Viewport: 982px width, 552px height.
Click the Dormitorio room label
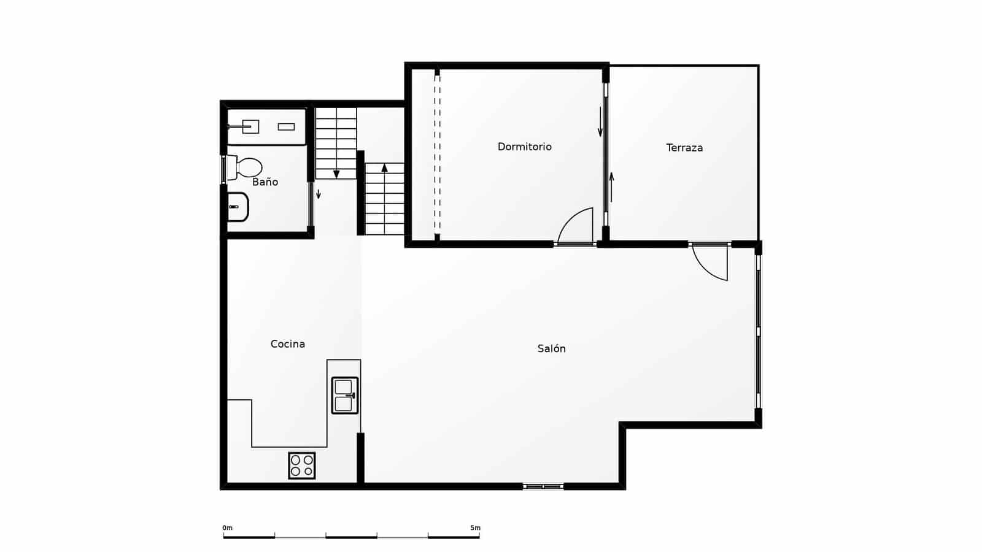click(x=524, y=147)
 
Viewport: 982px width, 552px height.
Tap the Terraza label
click(x=684, y=148)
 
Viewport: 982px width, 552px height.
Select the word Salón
click(x=551, y=348)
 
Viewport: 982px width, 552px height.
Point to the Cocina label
click(x=287, y=344)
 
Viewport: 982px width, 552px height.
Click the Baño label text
click(x=265, y=182)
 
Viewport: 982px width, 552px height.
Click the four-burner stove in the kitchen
click(x=302, y=466)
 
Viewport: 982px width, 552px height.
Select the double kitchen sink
click(x=344, y=396)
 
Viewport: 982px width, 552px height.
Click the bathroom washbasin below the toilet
click(x=238, y=207)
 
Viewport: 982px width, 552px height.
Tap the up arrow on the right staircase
click(x=385, y=167)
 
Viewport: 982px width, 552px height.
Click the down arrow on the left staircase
click(x=336, y=174)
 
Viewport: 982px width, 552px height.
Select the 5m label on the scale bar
click(x=475, y=528)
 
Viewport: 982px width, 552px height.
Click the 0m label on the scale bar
click(x=228, y=528)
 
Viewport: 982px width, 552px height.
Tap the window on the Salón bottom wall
click(x=543, y=487)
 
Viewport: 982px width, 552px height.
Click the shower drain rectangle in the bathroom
click(x=286, y=127)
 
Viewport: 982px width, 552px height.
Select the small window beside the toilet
click(x=223, y=169)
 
